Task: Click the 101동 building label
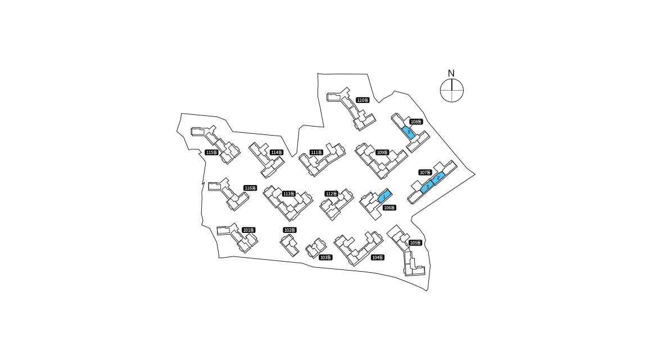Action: pos(249,230)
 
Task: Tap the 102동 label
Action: pos(289,230)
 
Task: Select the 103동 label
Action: pos(325,257)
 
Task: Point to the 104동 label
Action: pos(378,257)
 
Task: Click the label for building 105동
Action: pos(415,242)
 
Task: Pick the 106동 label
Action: pos(390,208)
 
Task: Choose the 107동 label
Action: pos(425,172)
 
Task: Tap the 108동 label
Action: pos(416,121)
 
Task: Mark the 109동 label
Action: pos(382,152)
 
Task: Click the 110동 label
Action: pos(363,100)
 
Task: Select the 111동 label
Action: pos(316,152)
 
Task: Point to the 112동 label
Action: pos(331,193)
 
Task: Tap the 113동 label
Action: pos(288,193)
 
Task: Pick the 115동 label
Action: pos(211,152)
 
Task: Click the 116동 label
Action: pos(250,188)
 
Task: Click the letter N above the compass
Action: pos(451,73)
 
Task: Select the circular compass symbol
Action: pos(452,91)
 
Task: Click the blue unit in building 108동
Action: pos(409,133)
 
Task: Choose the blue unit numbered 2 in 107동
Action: pos(438,178)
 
